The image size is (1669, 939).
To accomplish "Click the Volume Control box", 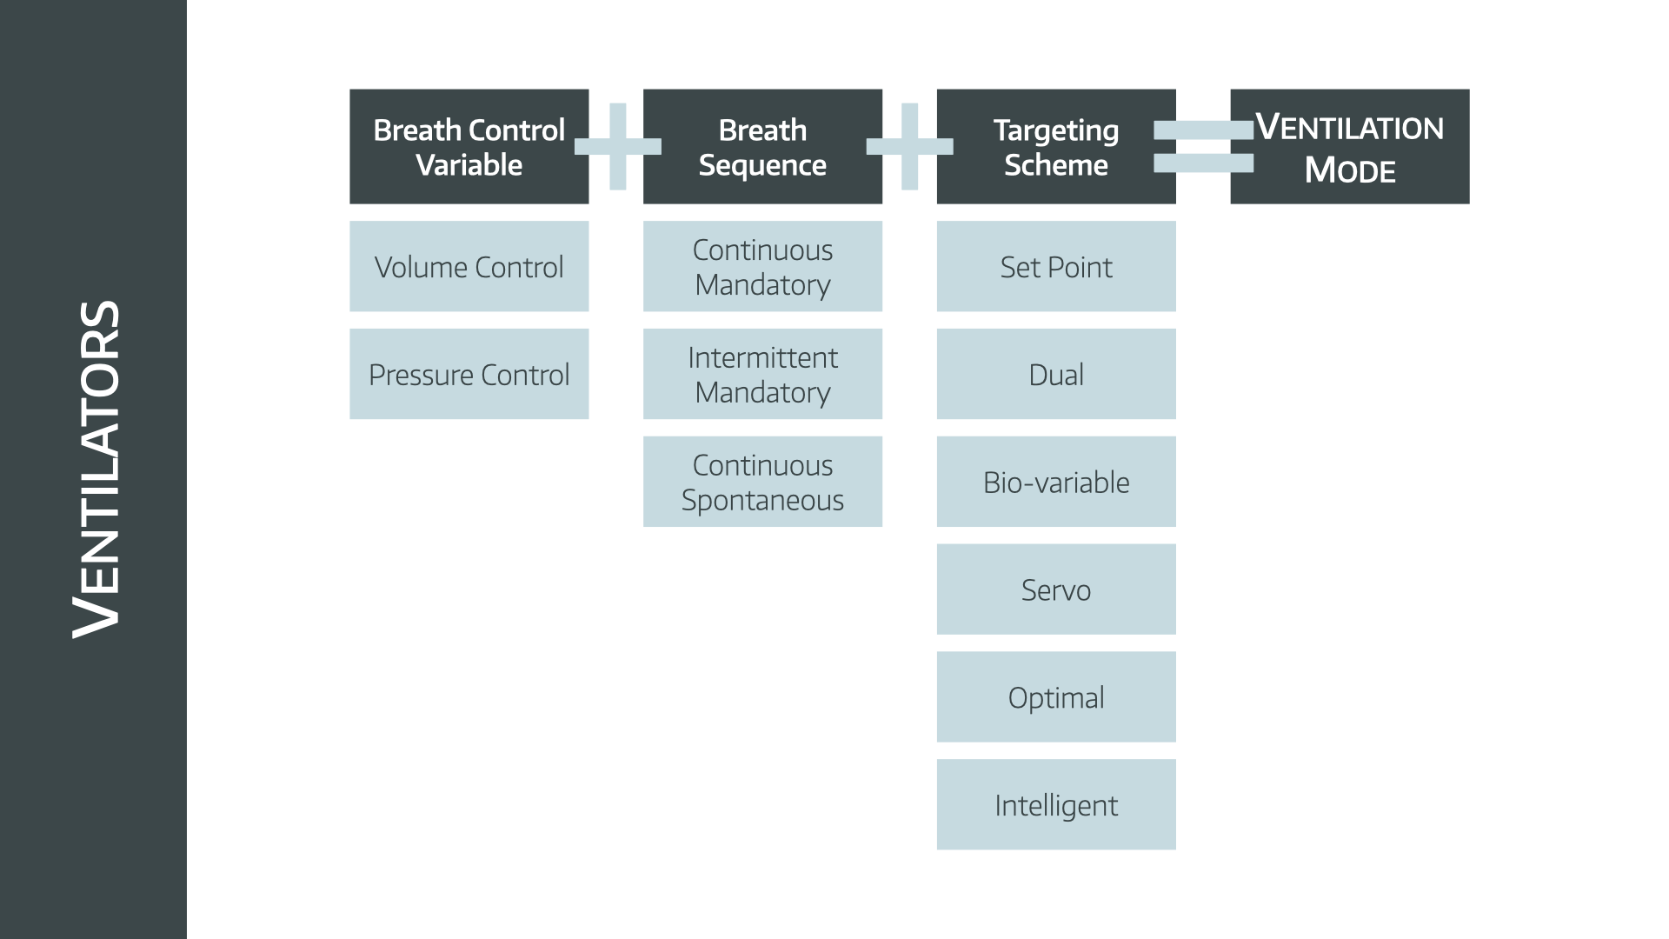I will (469, 266).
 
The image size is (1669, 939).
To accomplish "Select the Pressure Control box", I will (469, 374).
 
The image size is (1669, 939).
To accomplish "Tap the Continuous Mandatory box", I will (762, 266).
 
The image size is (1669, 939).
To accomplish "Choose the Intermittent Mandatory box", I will (762, 374).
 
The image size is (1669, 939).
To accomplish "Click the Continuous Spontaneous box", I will (762, 482).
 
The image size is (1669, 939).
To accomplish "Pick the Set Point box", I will (1056, 266).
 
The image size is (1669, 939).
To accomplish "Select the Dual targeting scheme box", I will (1056, 374).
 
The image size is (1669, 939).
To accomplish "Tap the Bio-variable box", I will (1056, 482).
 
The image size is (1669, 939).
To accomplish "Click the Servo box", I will (1056, 589).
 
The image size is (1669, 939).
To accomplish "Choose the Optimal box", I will (1056, 697).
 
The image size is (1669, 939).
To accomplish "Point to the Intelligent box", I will (1056, 805).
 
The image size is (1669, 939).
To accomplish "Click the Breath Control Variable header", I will (469, 146).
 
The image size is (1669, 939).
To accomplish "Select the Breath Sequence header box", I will (762, 146).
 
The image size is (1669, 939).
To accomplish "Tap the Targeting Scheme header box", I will (1056, 146).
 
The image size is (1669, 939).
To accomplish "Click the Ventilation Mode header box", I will (1350, 146).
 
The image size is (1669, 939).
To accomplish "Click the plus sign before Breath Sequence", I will (617, 146).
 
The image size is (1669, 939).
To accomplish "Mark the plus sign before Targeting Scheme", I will (909, 146).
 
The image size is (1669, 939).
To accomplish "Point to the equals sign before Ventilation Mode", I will (1203, 146).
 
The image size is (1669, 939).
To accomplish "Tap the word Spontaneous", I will (762, 501).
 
